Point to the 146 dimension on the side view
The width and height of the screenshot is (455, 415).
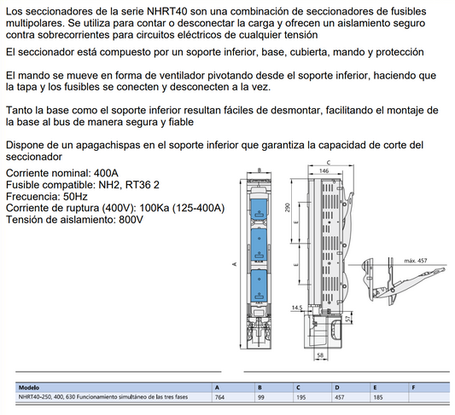pyautogui.click(x=324, y=171)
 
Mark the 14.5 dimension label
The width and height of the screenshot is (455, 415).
pyautogui.click(x=296, y=308)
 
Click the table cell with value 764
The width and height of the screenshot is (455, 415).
pyautogui.click(x=219, y=397)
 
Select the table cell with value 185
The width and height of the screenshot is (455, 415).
pyautogui.click(x=378, y=397)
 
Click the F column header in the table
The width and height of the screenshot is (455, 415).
pyautogui.click(x=414, y=387)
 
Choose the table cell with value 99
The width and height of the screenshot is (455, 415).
pyautogui.click(x=260, y=397)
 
